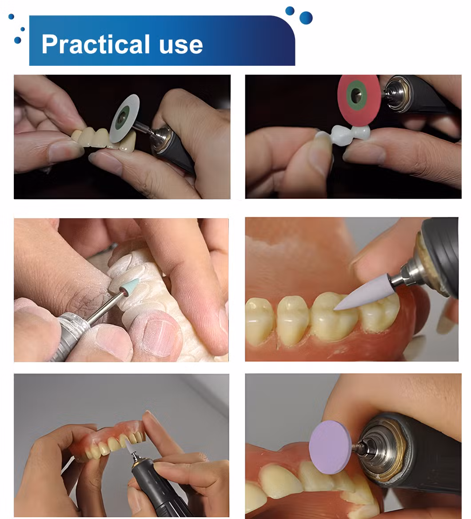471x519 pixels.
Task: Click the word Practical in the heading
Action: pyautogui.click(x=96, y=44)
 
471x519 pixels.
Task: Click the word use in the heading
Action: pyautogui.click(x=181, y=46)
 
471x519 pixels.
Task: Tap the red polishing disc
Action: pyautogui.click(x=359, y=100)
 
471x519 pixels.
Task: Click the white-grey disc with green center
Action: pyautogui.click(x=126, y=118)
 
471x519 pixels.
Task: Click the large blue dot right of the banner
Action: pyautogui.click(x=306, y=17)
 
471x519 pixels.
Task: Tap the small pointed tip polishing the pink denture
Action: pyautogui.click(x=128, y=446)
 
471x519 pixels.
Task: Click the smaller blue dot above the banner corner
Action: pyautogui.click(x=290, y=11)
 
